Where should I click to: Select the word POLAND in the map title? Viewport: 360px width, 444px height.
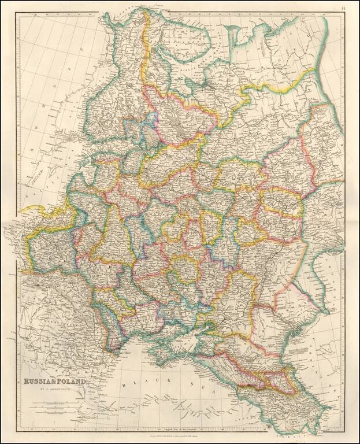pos(73,382)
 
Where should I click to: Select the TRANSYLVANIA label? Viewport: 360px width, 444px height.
pos(69,324)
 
